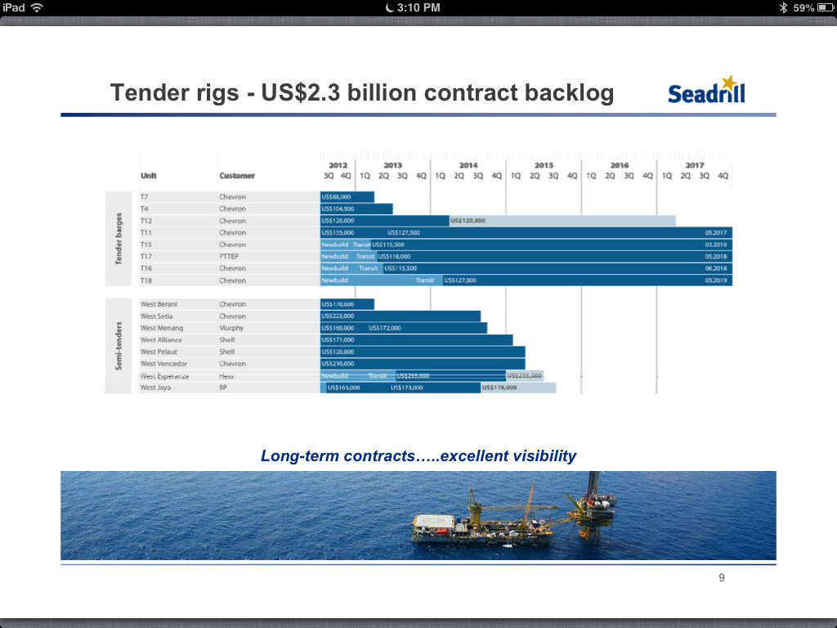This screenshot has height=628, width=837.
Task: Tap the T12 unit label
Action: click(146, 221)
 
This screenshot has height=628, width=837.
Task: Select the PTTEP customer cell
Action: click(229, 257)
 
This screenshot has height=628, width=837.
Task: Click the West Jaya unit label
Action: click(155, 388)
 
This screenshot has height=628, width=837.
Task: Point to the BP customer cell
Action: click(223, 388)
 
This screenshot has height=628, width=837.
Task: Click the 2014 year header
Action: click(468, 165)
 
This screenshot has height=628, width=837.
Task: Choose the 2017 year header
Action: click(695, 165)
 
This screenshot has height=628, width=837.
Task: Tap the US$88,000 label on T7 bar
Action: click(337, 197)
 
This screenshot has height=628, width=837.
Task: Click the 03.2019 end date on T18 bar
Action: click(715, 280)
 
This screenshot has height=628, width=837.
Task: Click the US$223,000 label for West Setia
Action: click(338, 316)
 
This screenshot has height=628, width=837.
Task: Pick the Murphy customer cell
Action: click(231, 328)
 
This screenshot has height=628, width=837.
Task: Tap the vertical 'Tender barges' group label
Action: click(119, 239)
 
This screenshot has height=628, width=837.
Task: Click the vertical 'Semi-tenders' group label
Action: click(119, 346)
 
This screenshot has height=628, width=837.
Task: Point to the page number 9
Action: click(721, 578)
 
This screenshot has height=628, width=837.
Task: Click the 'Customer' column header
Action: click(237, 176)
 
